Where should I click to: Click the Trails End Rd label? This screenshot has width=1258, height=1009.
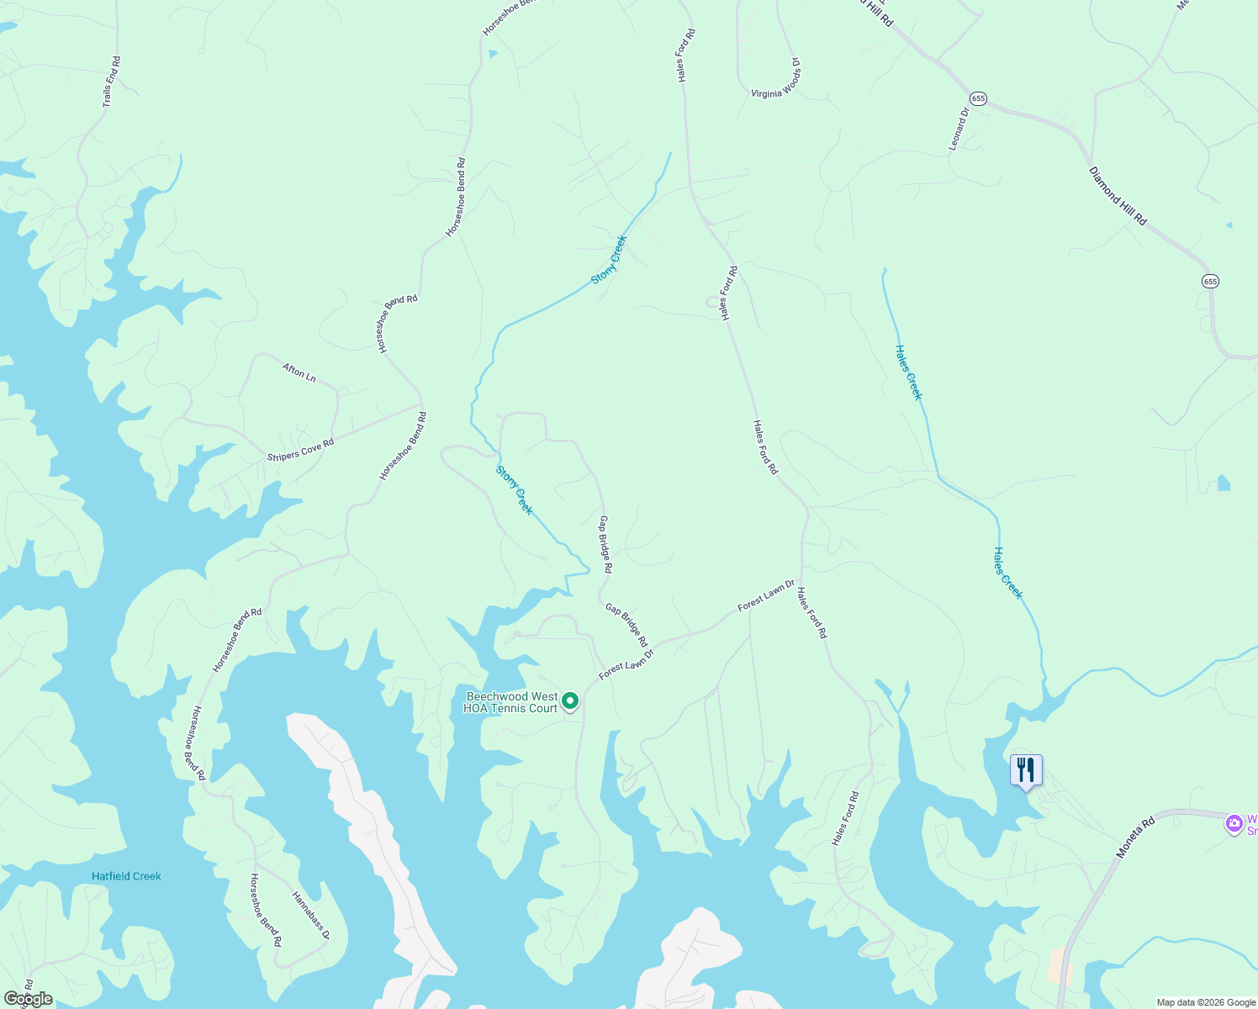(x=112, y=82)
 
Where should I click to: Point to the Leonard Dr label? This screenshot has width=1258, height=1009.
(x=959, y=129)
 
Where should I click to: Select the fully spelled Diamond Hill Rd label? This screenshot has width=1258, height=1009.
(x=1118, y=196)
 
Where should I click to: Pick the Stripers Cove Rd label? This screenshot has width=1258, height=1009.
(x=300, y=450)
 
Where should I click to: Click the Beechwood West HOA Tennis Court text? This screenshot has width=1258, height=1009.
(x=511, y=703)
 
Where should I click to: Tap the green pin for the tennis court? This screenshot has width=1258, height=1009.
(x=570, y=701)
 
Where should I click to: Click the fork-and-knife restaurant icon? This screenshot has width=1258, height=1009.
(x=1026, y=769)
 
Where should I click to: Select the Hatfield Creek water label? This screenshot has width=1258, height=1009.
(x=126, y=876)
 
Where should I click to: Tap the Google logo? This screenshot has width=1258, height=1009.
(x=28, y=999)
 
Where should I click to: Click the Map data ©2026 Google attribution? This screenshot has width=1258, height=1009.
(x=1205, y=1002)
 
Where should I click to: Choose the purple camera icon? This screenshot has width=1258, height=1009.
(x=1234, y=824)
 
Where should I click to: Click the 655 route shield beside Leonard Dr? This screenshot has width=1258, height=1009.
(x=977, y=98)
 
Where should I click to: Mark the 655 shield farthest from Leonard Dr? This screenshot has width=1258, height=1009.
(x=1209, y=281)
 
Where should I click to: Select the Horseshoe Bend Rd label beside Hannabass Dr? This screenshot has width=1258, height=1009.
(x=265, y=911)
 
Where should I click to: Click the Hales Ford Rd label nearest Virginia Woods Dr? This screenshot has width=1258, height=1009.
(x=686, y=55)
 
